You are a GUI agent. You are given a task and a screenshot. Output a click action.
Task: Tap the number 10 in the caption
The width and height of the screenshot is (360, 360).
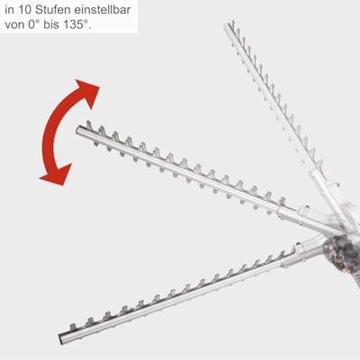click(x=24, y=8)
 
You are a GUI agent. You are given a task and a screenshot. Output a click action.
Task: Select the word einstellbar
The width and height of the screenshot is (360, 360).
click(x=104, y=8)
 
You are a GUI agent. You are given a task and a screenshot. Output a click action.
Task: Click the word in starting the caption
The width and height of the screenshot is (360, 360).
click(x=9, y=8)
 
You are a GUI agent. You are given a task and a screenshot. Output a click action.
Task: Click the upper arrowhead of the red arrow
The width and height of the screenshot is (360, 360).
click(x=86, y=91)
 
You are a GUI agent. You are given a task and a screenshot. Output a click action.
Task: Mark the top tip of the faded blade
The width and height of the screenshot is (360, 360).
click(x=228, y=26)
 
